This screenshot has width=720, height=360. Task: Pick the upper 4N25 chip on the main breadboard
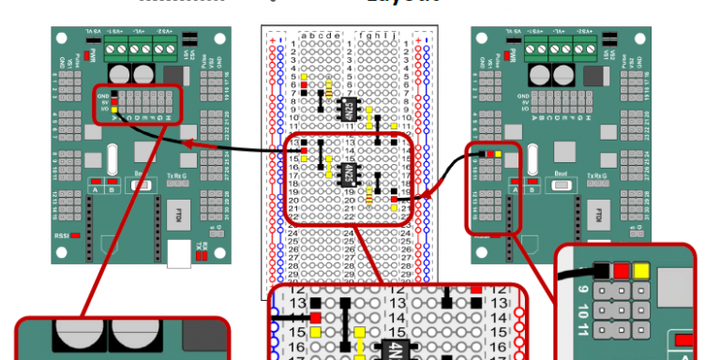pos(346,108)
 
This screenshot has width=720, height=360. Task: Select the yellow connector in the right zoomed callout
pos(641,273)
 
